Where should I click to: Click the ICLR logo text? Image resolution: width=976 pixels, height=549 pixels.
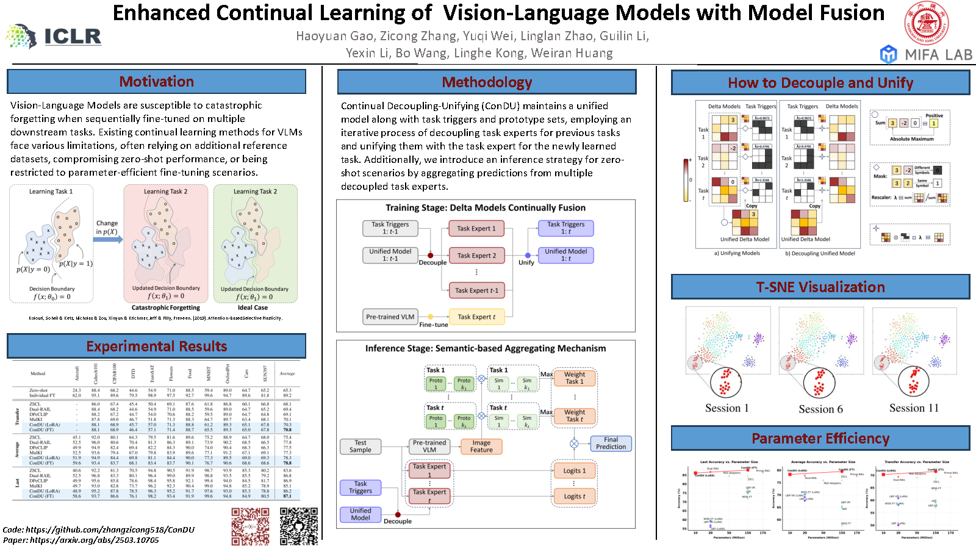coord(72,37)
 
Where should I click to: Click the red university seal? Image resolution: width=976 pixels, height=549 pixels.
coord(926,23)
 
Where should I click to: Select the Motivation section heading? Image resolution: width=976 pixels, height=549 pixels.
coord(156,82)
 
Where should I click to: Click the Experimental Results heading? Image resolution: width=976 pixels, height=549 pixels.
coord(156,346)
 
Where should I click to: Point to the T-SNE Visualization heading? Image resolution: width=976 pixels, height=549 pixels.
coord(820,287)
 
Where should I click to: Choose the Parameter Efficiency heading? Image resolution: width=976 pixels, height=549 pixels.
coord(820,439)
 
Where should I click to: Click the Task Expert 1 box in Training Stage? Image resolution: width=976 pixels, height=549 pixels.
coord(476,229)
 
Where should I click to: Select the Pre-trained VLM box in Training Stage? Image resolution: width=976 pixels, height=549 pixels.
coord(390,317)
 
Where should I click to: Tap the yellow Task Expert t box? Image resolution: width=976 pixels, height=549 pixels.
coord(476,317)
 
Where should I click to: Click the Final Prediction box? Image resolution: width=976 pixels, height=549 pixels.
coord(611,443)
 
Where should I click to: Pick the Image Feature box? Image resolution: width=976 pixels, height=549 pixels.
coord(481,447)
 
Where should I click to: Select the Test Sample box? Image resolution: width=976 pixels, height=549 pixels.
coord(361,447)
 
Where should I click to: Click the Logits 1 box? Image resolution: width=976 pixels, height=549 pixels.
coord(574,470)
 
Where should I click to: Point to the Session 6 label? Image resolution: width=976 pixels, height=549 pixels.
coord(820,409)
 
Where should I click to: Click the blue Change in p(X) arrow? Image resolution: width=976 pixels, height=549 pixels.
coord(108,239)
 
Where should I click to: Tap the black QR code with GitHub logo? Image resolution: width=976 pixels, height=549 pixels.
coord(299,526)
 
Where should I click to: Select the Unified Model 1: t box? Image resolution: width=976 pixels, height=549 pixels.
coord(565,255)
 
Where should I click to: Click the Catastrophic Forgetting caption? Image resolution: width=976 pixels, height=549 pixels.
coord(165,307)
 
